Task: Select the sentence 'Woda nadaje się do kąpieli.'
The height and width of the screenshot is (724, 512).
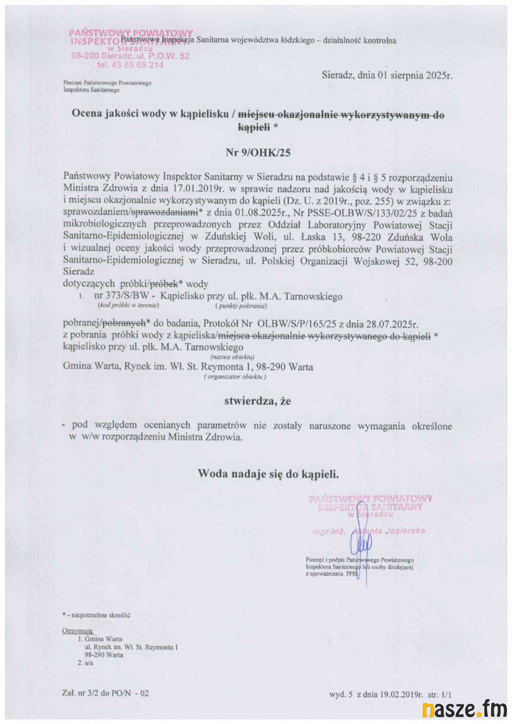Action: [x=268, y=474]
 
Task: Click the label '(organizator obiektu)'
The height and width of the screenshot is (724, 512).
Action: [x=235, y=377]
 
